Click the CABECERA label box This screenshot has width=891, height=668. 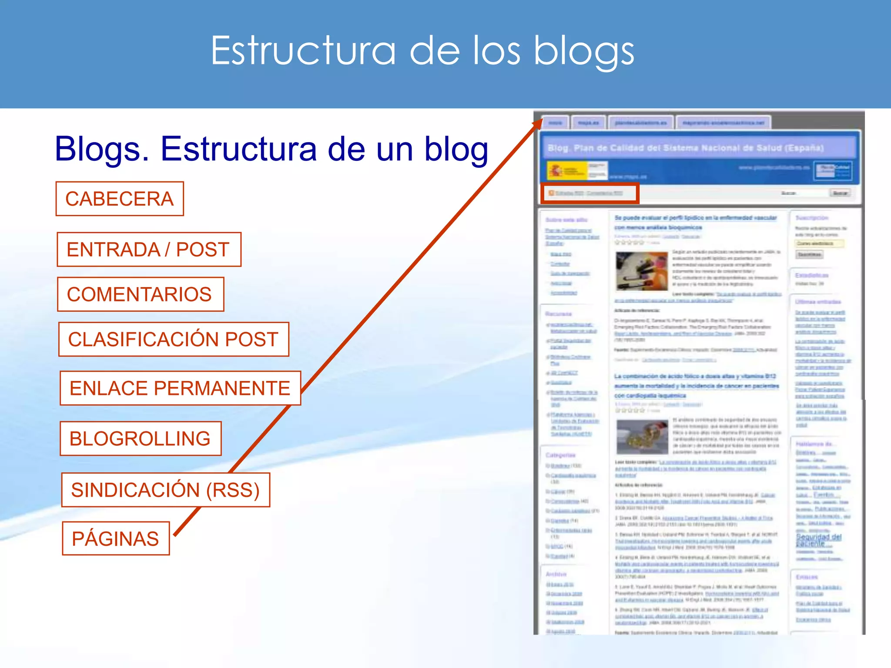[x=120, y=199]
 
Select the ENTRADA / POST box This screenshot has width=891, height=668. [x=149, y=249]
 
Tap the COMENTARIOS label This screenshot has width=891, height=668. [x=140, y=294]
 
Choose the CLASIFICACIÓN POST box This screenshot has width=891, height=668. [x=174, y=339]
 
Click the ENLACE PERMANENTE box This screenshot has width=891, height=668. [x=180, y=388]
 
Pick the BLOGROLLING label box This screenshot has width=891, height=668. [x=141, y=438]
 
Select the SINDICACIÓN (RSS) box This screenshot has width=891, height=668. [x=165, y=490]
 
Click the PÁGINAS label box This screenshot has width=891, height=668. [x=116, y=538]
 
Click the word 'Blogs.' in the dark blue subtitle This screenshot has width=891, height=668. [x=102, y=149]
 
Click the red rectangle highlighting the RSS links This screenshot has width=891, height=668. [x=590, y=193]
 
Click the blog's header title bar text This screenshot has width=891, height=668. [x=685, y=148]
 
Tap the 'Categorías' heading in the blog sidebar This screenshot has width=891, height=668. [x=560, y=455]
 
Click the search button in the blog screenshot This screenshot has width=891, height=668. [x=840, y=193]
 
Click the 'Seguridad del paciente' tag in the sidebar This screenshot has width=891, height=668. [x=818, y=540]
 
